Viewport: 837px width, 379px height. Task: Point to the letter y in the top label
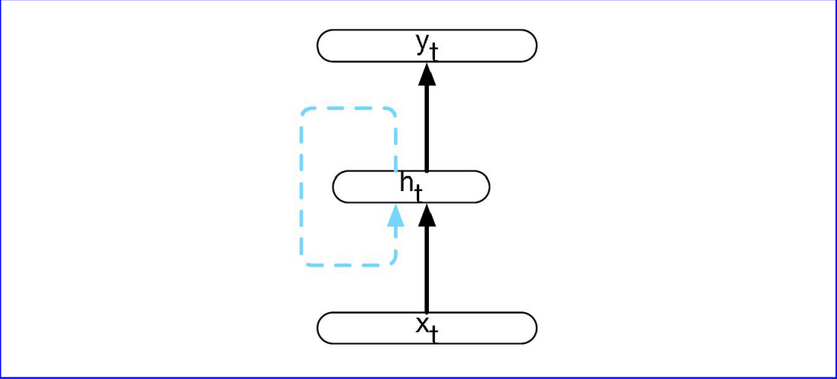(x=422, y=43)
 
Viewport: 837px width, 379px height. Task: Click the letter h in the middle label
(x=407, y=181)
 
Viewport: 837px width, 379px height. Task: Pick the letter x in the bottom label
(x=422, y=324)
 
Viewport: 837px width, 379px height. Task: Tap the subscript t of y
(x=433, y=52)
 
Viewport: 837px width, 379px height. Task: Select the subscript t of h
(x=418, y=194)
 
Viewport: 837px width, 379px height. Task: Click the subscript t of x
(x=433, y=334)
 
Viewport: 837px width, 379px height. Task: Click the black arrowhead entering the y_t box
(x=427, y=74)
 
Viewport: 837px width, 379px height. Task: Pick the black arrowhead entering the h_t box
(x=427, y=215)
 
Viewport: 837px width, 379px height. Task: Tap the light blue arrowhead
(x=395, y=215)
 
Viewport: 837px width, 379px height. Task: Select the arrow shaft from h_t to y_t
(x=427, y=126)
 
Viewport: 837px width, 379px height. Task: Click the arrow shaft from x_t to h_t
(x=427, y=268)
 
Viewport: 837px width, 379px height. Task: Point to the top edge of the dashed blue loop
(x=348, y=108)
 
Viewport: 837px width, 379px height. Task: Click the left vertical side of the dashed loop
(x=302, y=186)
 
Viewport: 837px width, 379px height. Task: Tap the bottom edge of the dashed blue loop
(x=348, y=265)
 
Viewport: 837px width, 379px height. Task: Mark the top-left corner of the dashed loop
(x=305, y=111)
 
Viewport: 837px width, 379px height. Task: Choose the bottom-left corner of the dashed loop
(x=305, y=262)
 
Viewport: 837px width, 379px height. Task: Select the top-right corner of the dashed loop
(x=392, y=111)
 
